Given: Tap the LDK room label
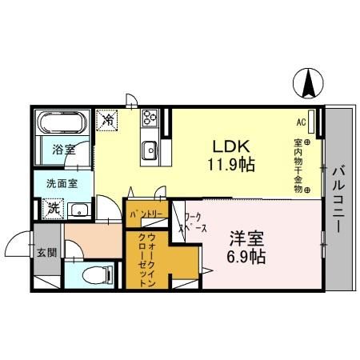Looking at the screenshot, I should click(x=232, y=146).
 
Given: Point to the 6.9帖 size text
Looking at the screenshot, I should click(x=246, y=258).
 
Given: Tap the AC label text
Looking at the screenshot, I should click(x=302, y=122).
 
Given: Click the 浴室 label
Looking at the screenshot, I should click(x=63, y=149).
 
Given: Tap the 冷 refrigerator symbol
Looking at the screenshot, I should click(x=107, y=120).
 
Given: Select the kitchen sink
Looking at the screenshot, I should click(x=149, y=148).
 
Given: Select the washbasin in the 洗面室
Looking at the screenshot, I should click(x=79, y=210).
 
